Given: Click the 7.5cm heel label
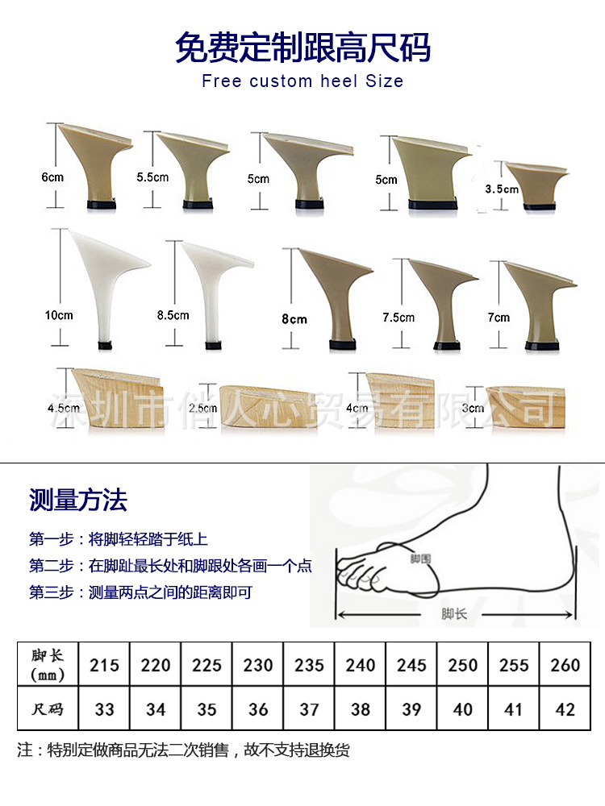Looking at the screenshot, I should pos(398,318).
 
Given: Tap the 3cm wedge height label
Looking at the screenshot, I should pos(473,408).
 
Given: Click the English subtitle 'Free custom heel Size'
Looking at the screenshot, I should pos(302,81).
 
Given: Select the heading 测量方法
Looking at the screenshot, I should pos(78,501).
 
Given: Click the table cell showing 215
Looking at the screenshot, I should pos(104,665).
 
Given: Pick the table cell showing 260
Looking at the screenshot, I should pos(565,665).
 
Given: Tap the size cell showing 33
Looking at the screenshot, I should pos(104,709).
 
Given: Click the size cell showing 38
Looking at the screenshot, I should pos(360,709).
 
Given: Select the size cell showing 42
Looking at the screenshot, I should pos(565,709).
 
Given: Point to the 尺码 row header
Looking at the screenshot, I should pos(48,709).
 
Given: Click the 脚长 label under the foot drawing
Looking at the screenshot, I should pos(454,614).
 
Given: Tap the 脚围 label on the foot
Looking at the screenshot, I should pos(419,558).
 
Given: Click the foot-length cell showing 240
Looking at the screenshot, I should pos(360,665).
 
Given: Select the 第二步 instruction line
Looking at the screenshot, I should pos(170,566).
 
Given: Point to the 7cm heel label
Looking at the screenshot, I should pos(499,318).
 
